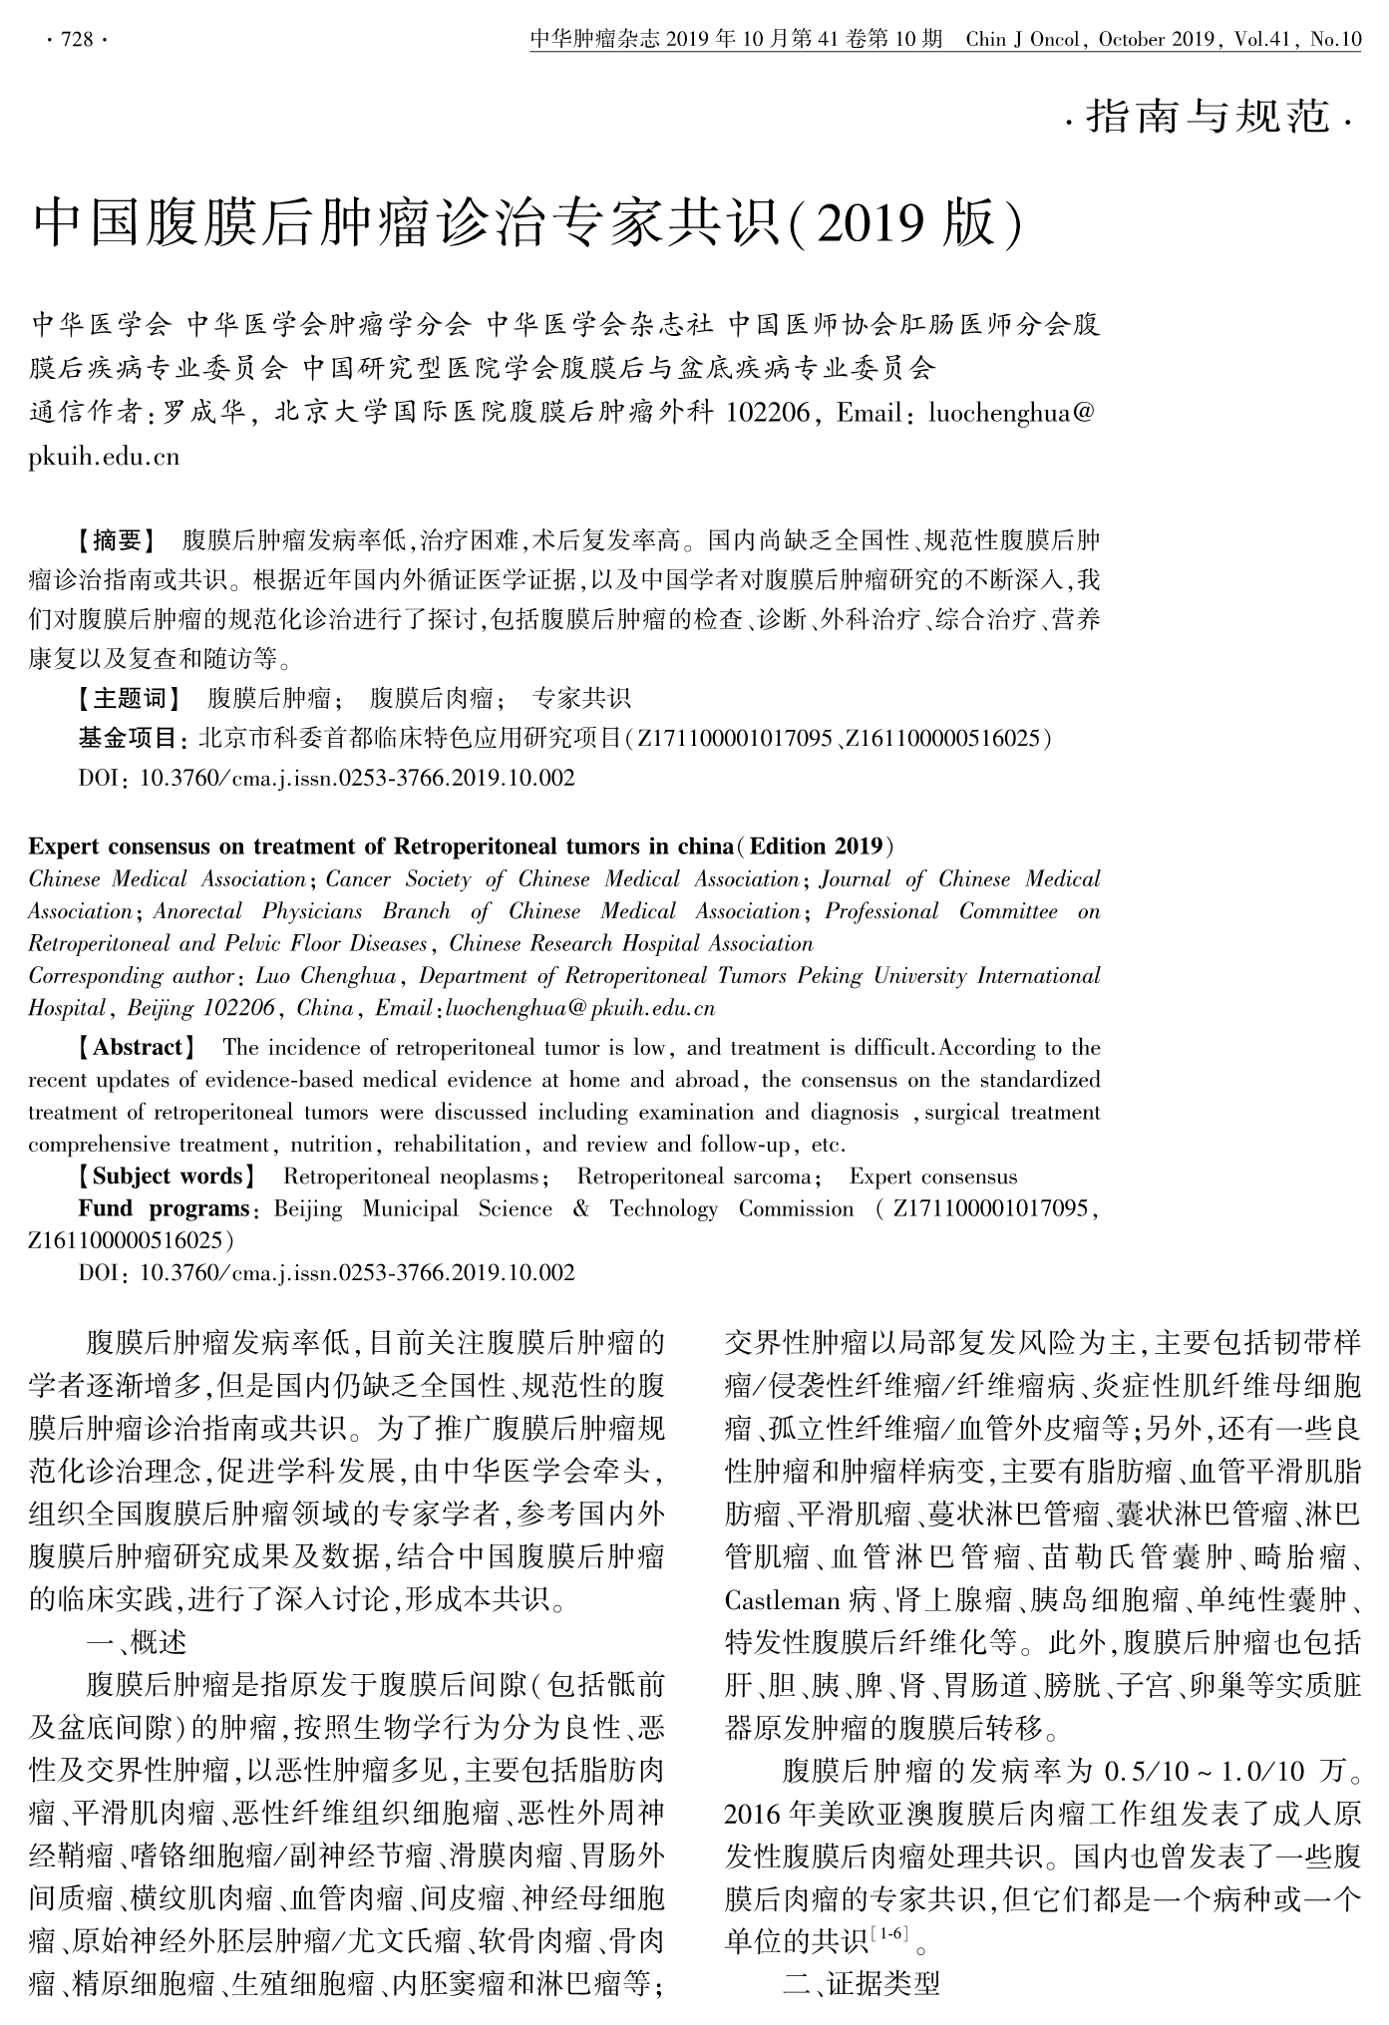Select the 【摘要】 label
[x=117, y=541]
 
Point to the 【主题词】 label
[x=130, y=698]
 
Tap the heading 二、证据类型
[x=861, y=1984]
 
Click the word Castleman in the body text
[x=783, y=1601]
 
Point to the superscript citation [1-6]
[x=888, y=1935]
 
